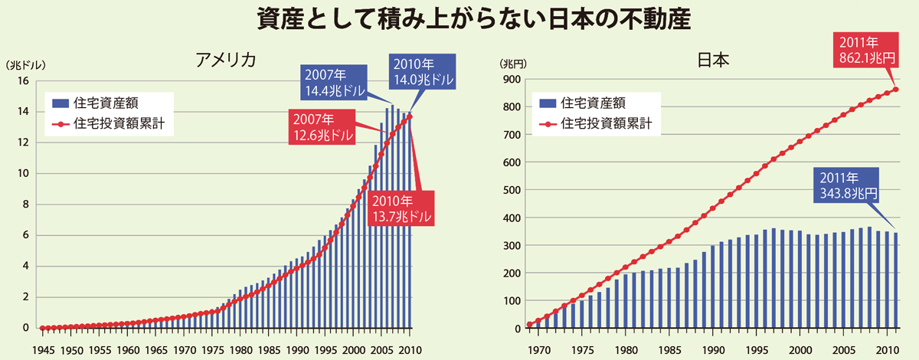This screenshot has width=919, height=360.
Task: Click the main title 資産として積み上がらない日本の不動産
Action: [x=459, y=19]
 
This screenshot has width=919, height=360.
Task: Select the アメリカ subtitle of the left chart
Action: [x=225, y=61]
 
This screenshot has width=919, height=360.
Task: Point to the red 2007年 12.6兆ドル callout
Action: [x=322, y=128]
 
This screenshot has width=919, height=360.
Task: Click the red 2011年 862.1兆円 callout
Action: [x=862, y=50]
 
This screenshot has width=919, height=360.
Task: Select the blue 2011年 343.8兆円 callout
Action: [x=841, y=185]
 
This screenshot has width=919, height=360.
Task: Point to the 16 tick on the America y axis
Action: [x=23, y=81]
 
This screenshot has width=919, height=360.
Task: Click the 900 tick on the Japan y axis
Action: [x=512, y=80]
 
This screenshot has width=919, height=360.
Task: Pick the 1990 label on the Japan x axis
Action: [x=712, y=349]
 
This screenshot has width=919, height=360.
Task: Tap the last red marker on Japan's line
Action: [x=896, y=90]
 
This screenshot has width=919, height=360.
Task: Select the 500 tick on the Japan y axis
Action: [x=512, y=190]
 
